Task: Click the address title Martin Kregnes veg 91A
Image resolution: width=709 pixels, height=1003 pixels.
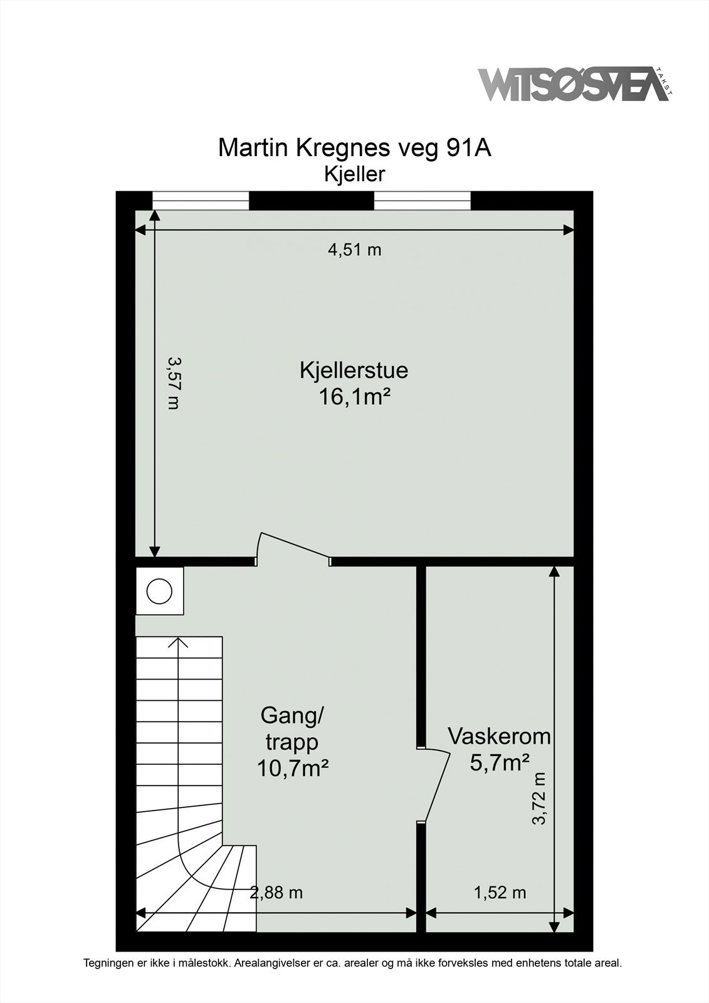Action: (354, 148)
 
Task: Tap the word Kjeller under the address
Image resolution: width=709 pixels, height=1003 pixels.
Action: (354, 174)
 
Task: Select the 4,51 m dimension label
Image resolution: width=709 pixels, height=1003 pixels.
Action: (355, 250)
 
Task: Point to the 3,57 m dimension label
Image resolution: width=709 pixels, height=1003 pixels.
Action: (174, 383)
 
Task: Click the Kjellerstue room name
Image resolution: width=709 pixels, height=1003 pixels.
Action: (354, 370)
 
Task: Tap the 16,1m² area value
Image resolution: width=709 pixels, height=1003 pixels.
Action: (355, 397)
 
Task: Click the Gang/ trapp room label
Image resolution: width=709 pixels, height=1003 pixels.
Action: (292, 728)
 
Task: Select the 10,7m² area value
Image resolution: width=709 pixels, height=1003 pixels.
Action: (293, 768)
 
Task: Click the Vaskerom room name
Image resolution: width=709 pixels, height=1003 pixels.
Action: (499, 736)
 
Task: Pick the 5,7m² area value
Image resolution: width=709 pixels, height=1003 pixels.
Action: (500, 762)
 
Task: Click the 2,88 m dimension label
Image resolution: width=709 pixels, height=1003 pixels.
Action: (276, 892)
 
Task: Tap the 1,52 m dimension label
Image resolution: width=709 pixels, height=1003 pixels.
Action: (500, 892)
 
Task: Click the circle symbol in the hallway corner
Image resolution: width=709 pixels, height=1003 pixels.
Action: (159, 591)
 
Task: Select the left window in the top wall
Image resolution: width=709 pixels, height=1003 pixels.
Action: (201, 201)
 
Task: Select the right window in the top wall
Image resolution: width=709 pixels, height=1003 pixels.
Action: (423, 201)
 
